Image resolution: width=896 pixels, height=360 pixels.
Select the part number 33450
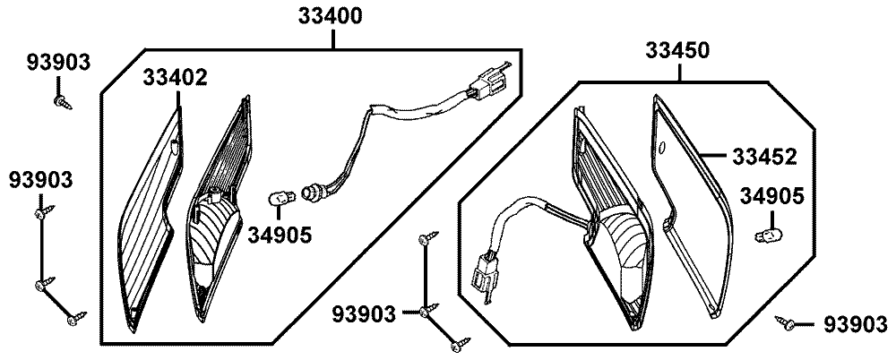click(x=679, y=51)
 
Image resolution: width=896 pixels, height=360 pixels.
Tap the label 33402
click(x=175, y=77)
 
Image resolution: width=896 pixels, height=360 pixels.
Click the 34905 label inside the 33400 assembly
click(x=280, y=236)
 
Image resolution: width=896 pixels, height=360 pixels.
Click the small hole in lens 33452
click(x=662, y=147)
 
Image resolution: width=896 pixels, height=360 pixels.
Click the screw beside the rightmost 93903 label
click(x=789, y=322)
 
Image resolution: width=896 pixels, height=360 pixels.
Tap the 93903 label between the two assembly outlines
click(x=364, y=313)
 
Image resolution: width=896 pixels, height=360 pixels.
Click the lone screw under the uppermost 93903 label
click(x=62, y=101)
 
